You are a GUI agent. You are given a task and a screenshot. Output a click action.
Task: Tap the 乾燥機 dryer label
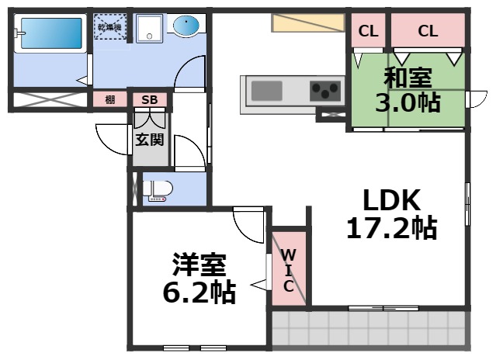pyautogui.click(x=109, y=28)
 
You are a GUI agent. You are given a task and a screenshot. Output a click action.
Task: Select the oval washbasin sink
pyautogui.click(x=186, y=27)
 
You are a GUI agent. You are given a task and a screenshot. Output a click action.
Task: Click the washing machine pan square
pyautogui.click(x=147, y=29)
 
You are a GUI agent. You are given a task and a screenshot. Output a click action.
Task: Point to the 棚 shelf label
pyautogui.click(x=110, y=99)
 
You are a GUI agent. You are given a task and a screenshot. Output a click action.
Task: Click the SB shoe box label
pyautogui.click(x=149, y=99)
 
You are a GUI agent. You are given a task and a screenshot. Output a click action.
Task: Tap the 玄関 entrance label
pyautogui.click(x=149, y=140)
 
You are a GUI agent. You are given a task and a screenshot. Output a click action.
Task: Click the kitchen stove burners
pyautogui.click(x=327, y=90)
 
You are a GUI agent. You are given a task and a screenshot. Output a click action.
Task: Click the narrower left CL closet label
pyautogui.click(x=368, y=32)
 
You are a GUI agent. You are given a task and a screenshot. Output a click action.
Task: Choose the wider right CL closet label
pyautogui.click(x=428, y=32)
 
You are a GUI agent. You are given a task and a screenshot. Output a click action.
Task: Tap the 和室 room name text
pyautogui.click(x=408, y=78)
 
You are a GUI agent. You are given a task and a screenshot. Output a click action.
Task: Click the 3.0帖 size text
pyautogui.click(x=408, y=102)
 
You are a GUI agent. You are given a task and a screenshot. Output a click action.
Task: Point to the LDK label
pyautogui.click(x=392, y=201)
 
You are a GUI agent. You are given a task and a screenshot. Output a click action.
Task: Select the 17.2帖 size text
pyautogui.click(x=391, y=228)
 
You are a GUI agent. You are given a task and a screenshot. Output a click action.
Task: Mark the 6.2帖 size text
pyautogui.click(x=199, y=292)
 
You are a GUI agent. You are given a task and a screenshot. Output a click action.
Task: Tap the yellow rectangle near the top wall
pyautogui.click(x=307, y=22)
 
